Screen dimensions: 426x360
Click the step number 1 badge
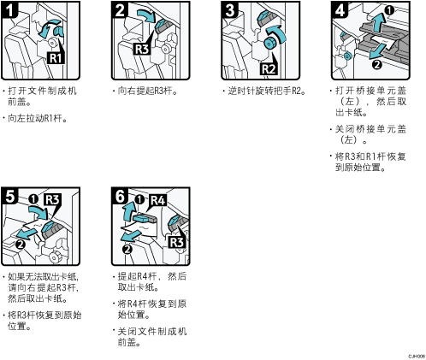click(10, 9)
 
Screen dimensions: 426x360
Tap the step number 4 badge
click(340, 9)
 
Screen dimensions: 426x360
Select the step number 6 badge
click(120, 196)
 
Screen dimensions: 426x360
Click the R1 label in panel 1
click(56, 58)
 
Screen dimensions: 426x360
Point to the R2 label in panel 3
click(269, 69)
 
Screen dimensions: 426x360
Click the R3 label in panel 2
click(142, 49)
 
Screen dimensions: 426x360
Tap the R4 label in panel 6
click(158, 200)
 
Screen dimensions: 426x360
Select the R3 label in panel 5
click(52, 200)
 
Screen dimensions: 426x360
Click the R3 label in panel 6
click(177, 242)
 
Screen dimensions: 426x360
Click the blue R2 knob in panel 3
click(269, 44)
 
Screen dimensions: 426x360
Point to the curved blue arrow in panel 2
click(146, 15)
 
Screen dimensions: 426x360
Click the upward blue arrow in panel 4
click(378, 22)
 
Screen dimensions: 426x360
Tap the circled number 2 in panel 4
click(377, 65)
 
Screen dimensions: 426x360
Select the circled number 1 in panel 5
click(33, 199)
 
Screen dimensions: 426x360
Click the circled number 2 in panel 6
click(127, 250)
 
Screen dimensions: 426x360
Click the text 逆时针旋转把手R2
click(267, 91)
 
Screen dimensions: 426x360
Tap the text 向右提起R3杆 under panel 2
click(148, 91)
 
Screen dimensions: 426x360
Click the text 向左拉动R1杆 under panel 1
click(38, 118)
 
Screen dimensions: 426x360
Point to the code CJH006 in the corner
click(417, 357)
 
